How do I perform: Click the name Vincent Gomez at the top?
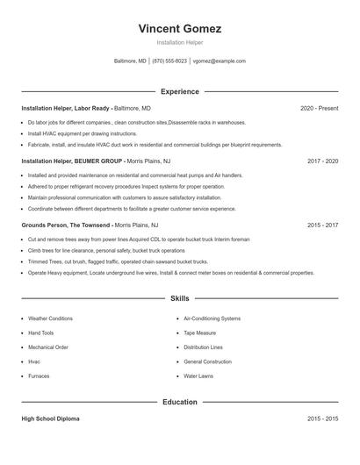tap(179, 28)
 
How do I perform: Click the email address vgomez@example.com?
tap(219, 61)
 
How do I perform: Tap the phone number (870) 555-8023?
tap(169, 61)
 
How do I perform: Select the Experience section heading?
tap(179, 91)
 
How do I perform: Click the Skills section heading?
tap(179, 299)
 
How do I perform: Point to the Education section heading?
tap(179, 402)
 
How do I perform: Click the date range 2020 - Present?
tap(319, 108)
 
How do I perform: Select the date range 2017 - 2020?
tap(322, 161)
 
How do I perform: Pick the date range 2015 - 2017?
tap(322, 225)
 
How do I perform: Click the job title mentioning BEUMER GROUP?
tap(72, 161)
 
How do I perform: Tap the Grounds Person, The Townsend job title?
tap(67, 225)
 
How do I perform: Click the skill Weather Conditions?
tap(50, 318)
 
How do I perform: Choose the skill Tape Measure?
tap(201, 333)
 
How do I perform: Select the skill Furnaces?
tap(39, 376)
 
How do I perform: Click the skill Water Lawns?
tap(198, 376)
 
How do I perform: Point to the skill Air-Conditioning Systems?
tap(212, 318)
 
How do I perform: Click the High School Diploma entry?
tap(50, 419)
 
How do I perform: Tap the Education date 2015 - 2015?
tap(322, 419)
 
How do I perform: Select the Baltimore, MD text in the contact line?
tap(130, 61)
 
